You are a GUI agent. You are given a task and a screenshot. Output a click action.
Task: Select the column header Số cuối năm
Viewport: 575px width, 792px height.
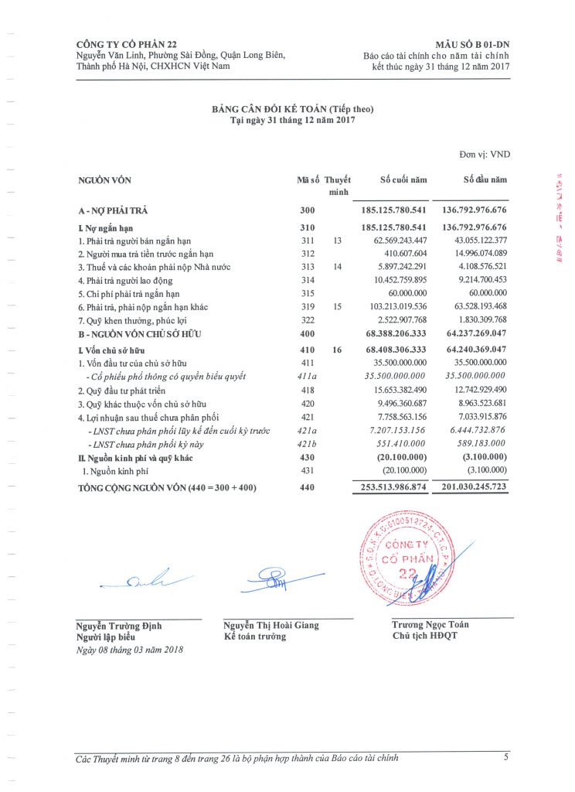pyautogui.click(x=403, y=180)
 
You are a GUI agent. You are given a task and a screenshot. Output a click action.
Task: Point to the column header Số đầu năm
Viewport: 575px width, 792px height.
pyautogui.click(x=485, y=180)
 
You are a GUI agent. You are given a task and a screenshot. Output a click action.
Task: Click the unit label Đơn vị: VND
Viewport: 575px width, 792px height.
pyautogui.click(x=485, y=155)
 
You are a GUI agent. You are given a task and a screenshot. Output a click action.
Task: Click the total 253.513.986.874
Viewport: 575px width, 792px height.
pyautogui.click(x=393, y=488)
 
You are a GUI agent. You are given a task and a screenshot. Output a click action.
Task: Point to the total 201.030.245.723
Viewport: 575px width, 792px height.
pyautogui.click(x=474, y=488)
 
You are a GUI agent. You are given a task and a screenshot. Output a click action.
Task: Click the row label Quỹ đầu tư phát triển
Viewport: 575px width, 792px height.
pyautogui.click(x=121, y=390)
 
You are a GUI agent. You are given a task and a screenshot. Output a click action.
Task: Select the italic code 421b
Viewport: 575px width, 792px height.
pyautogui.click(x=308, y=443)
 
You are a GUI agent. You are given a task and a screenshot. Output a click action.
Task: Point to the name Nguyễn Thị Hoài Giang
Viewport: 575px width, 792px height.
pyautogui.click(x=270, y=625)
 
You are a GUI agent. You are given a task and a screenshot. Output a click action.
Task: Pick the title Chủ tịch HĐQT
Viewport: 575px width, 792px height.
pyautogui.click(x=425, y=636)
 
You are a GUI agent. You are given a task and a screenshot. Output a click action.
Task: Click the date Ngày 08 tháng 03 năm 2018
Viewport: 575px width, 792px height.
pyautogui.click(x=130, y=650)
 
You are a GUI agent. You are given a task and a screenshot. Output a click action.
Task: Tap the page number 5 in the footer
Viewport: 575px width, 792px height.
pyautogui.click(x=505, y=757)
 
